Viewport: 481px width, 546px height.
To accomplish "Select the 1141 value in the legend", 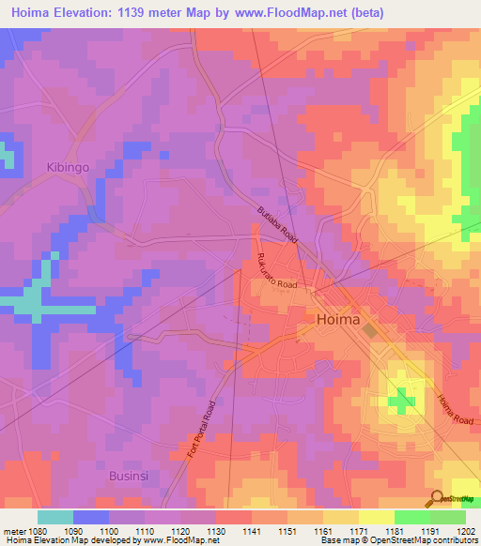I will pyautogui.click(x=226, y=531).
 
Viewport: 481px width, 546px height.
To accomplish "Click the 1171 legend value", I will pyautogui.click(x=334, y=531).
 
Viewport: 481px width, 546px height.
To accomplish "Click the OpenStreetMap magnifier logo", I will pyautogui.click(x=436, y=497).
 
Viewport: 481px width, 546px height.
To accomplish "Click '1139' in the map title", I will pyautogui.click(x=149, y=12).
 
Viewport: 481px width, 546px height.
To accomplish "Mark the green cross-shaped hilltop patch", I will pyautogui.click(x=402, y=401).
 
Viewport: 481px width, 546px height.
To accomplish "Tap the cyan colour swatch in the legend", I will pyautogui.click(x=55, y=517).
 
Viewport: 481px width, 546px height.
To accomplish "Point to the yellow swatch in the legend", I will pyautogui.click(x=376, y=517).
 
